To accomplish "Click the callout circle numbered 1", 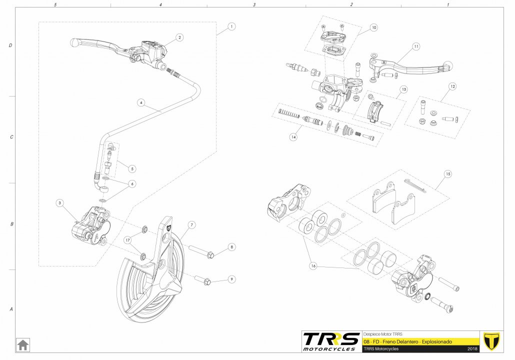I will click(x=231, y=26).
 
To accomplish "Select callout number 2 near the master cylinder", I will click(x=179, y=37).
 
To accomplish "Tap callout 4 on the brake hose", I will click(x=141, y=102).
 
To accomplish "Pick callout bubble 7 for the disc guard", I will click(x=192, y=225).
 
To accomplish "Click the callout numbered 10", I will click(x=374, y=27).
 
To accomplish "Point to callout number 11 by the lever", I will click(x=416, y=47).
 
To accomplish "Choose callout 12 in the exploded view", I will click(x=452, y=86).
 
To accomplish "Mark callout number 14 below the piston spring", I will click(x=294, y=136).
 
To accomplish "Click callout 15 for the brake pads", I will click(x=447, y=174).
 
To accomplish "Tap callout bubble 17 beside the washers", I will click(x=128, y=240).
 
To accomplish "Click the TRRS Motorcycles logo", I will click(x=331, y=341).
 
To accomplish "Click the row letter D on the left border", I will click(x=11, y=45).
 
